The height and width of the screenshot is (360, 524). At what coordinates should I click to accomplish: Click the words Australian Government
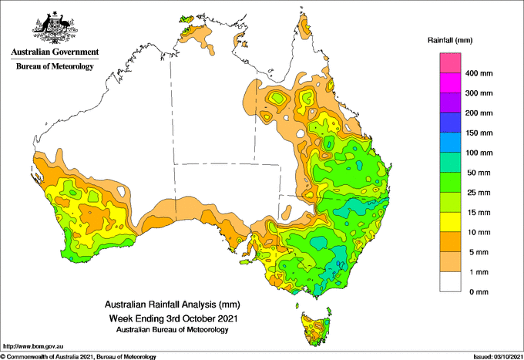coord(55,52)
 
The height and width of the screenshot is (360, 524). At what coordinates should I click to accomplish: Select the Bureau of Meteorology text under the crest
coord(55,66)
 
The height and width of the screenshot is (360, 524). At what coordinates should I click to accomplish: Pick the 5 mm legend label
coord(475,252)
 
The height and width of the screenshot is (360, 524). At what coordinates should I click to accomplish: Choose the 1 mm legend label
coord(475,272)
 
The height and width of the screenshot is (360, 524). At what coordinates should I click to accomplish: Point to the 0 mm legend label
coord(475,292)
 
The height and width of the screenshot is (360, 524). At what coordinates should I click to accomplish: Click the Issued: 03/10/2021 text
coord(494,356)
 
